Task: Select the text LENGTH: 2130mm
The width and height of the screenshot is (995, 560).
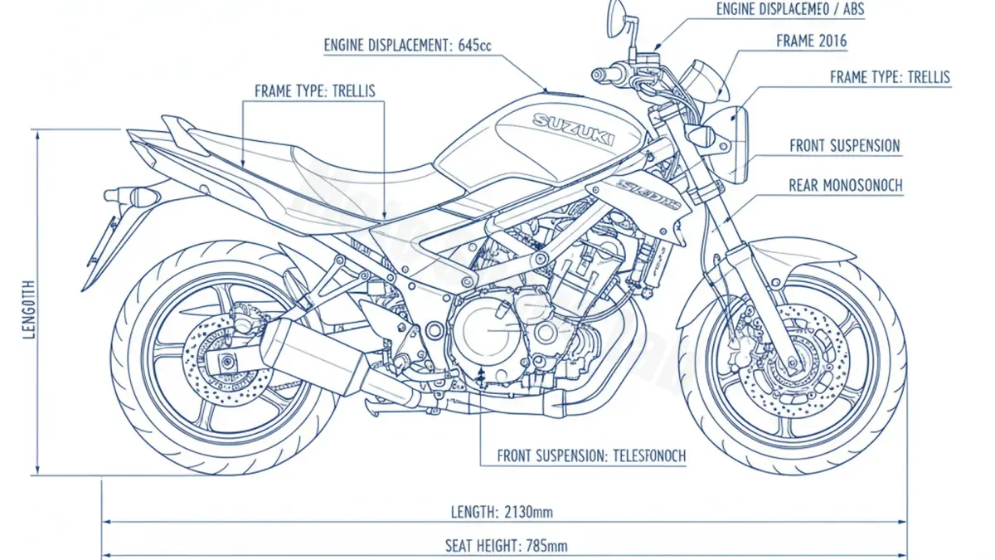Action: (x=501, y=511)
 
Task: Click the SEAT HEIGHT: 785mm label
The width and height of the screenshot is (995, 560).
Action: (x=507, y=545)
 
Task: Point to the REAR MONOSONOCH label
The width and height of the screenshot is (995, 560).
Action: (x=846, y=186)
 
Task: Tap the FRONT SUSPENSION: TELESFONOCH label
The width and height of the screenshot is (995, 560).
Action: (x=591, y=456)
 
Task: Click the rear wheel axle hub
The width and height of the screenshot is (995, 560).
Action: (x=226, y=362)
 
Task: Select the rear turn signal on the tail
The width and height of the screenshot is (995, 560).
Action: (x=133, y=197)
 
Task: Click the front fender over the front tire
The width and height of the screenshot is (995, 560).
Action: (x=771, y=253)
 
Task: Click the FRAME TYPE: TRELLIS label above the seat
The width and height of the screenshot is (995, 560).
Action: (x=314, y=90)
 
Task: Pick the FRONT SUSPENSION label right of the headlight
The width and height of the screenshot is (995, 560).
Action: (x=844, y=146)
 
